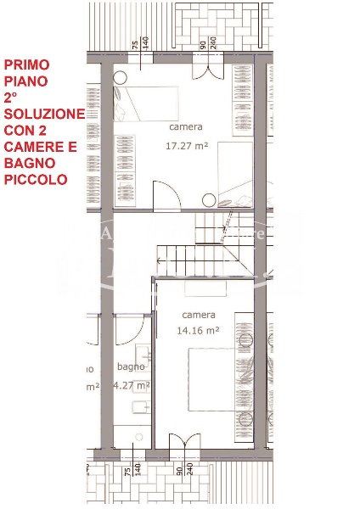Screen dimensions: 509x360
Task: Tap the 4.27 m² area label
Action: coord(132,384)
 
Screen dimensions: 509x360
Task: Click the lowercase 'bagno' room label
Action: coord(131,367)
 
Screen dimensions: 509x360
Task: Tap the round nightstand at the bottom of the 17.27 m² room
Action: coord(208,200)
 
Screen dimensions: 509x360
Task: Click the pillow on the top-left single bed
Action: coord(123,103)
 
